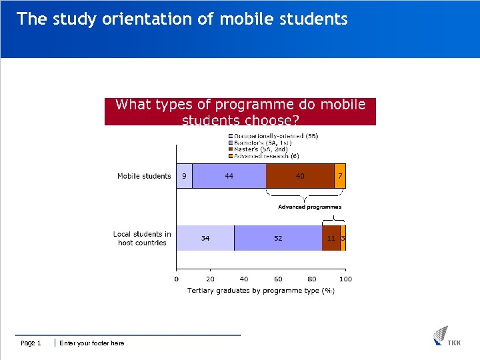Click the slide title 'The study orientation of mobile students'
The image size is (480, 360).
click(182, 19)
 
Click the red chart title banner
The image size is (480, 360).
click(240, 111)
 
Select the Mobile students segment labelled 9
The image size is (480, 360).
click(184, 176)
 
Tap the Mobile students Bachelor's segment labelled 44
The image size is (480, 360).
click(229, 176)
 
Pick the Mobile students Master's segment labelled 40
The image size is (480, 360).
click(300, 176)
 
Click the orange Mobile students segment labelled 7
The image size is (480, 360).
click(340, 176)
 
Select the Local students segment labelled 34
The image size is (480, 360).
click(205, 238)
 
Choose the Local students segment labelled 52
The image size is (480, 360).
click(278, 238)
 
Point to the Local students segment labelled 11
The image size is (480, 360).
click(331, 238)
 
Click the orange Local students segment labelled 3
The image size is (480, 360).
click(343, 238)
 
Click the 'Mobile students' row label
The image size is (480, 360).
click(144, 176)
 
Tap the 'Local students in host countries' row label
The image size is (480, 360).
click(142, 239)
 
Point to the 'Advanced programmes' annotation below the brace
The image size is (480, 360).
click(309, 207)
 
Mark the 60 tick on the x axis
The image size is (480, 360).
click(278, 279)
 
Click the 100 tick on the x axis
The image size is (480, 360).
click(345, 279)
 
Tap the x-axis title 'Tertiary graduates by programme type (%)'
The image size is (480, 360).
click(261, 290)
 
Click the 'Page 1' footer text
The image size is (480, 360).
click(31, 343)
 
